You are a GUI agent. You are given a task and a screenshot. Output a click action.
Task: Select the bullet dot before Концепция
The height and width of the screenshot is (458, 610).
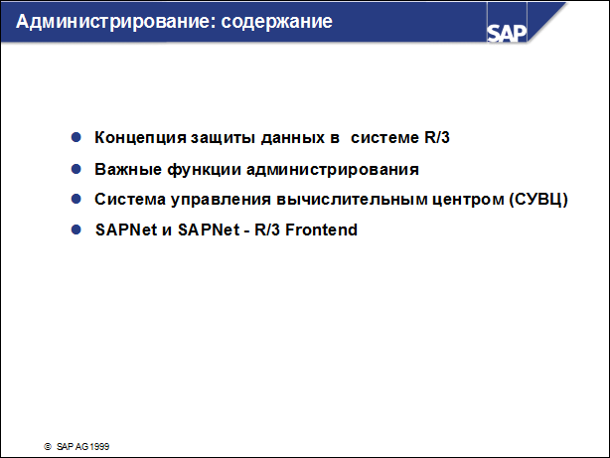tap(76, 137)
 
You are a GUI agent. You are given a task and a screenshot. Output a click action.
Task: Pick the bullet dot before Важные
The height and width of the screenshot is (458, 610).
tap(76, 168)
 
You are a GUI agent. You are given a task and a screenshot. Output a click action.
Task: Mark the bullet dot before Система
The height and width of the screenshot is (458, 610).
tap(76, 199)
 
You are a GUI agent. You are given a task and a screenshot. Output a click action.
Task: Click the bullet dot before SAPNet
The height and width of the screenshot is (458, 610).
tap(76, 229)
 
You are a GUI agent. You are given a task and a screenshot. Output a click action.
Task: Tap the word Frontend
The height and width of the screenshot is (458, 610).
tap(322, 229)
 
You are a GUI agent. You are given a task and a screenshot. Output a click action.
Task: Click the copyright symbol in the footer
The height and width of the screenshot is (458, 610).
tap(47, 447)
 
